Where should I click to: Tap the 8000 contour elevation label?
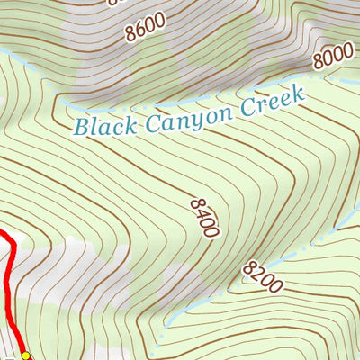pyautogui.click(x=334, y=58)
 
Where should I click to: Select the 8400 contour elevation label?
pyautogui.click(x=204, y=218)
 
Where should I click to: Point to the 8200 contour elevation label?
pyautogui.click(x=263, y=275)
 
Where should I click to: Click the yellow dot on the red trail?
pyautogui.click(x=26, y=355)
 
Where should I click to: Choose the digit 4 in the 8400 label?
pyautogui.click(x=202, y=212)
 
